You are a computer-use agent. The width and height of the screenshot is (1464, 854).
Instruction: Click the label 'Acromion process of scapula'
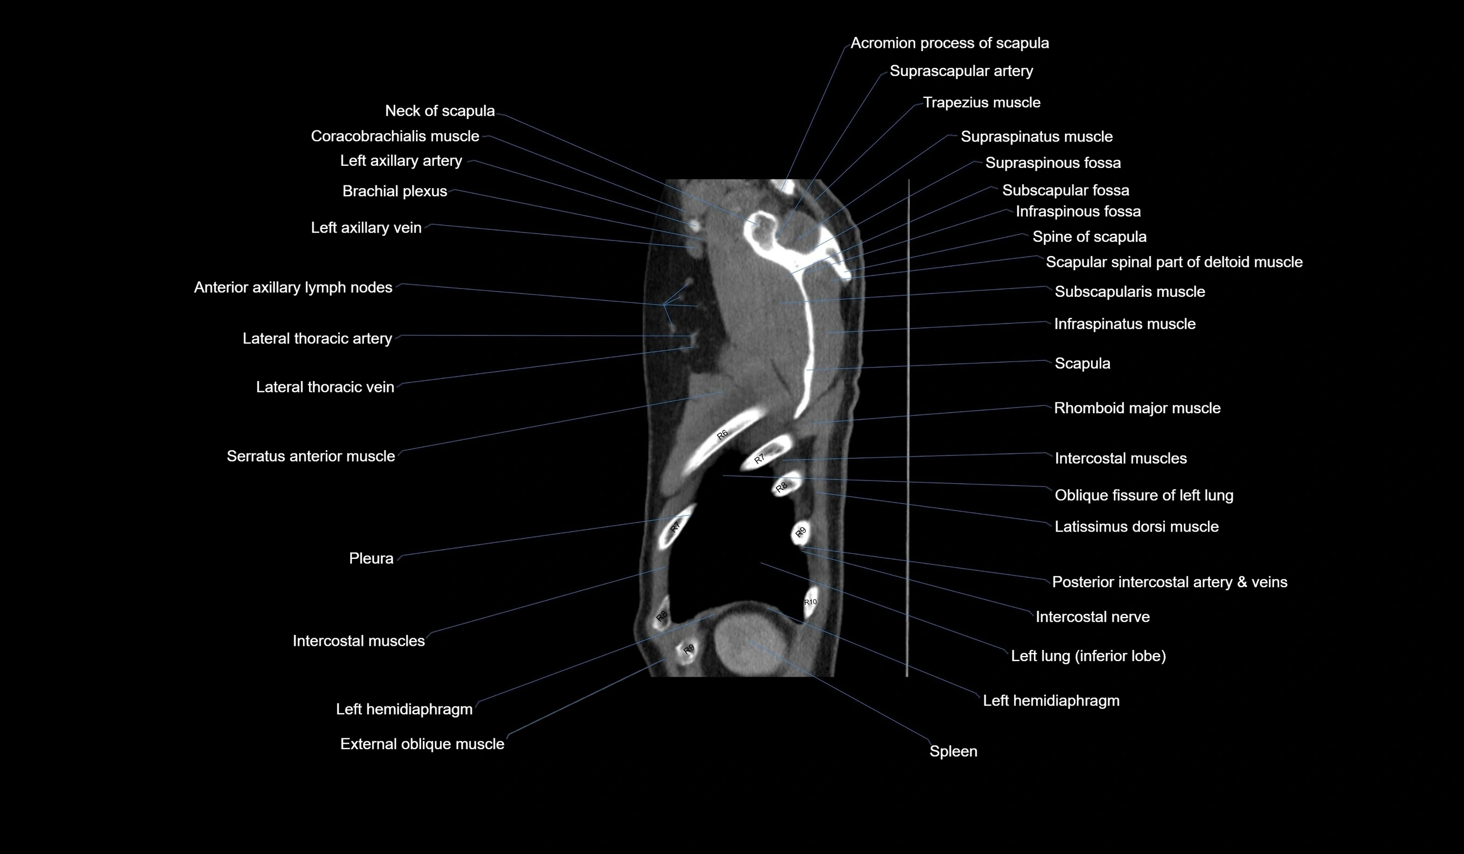click(x=950, y=43)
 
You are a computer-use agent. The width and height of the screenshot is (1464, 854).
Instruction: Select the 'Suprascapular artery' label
click(x=961, y=71)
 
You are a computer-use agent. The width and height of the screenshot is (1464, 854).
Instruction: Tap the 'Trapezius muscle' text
click(x=981, y=102)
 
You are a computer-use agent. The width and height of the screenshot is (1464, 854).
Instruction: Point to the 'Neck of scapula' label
click(x=440, y=110)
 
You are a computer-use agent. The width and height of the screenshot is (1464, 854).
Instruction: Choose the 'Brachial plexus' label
click(x=394, y=191)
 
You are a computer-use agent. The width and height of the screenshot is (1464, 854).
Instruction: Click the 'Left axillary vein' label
click(x=366, y=228)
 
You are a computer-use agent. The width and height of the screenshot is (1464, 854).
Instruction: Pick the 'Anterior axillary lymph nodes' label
click(x=293, y=288)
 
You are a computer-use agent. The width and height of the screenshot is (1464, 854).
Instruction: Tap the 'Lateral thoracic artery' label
click(x=317, y=339)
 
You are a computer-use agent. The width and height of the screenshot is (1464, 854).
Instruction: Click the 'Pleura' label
click(x=371, y=558)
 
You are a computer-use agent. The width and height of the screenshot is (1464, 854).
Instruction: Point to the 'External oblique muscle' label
click(x=422, y=744)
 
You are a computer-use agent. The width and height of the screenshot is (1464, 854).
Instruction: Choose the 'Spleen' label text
click(x=953, y=751)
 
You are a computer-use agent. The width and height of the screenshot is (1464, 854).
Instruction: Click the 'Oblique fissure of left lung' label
click(x=1143, y=495)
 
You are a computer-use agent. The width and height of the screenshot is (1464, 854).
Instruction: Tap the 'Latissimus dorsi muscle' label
click(x=1137, y=527)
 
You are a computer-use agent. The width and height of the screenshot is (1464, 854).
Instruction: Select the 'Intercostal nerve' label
click(x=1092, y=616)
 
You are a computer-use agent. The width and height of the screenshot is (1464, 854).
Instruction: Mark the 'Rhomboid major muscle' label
click(x=1137, y=408)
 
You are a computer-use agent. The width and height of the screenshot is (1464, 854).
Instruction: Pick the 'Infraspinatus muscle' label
click(x=1125, y=324)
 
